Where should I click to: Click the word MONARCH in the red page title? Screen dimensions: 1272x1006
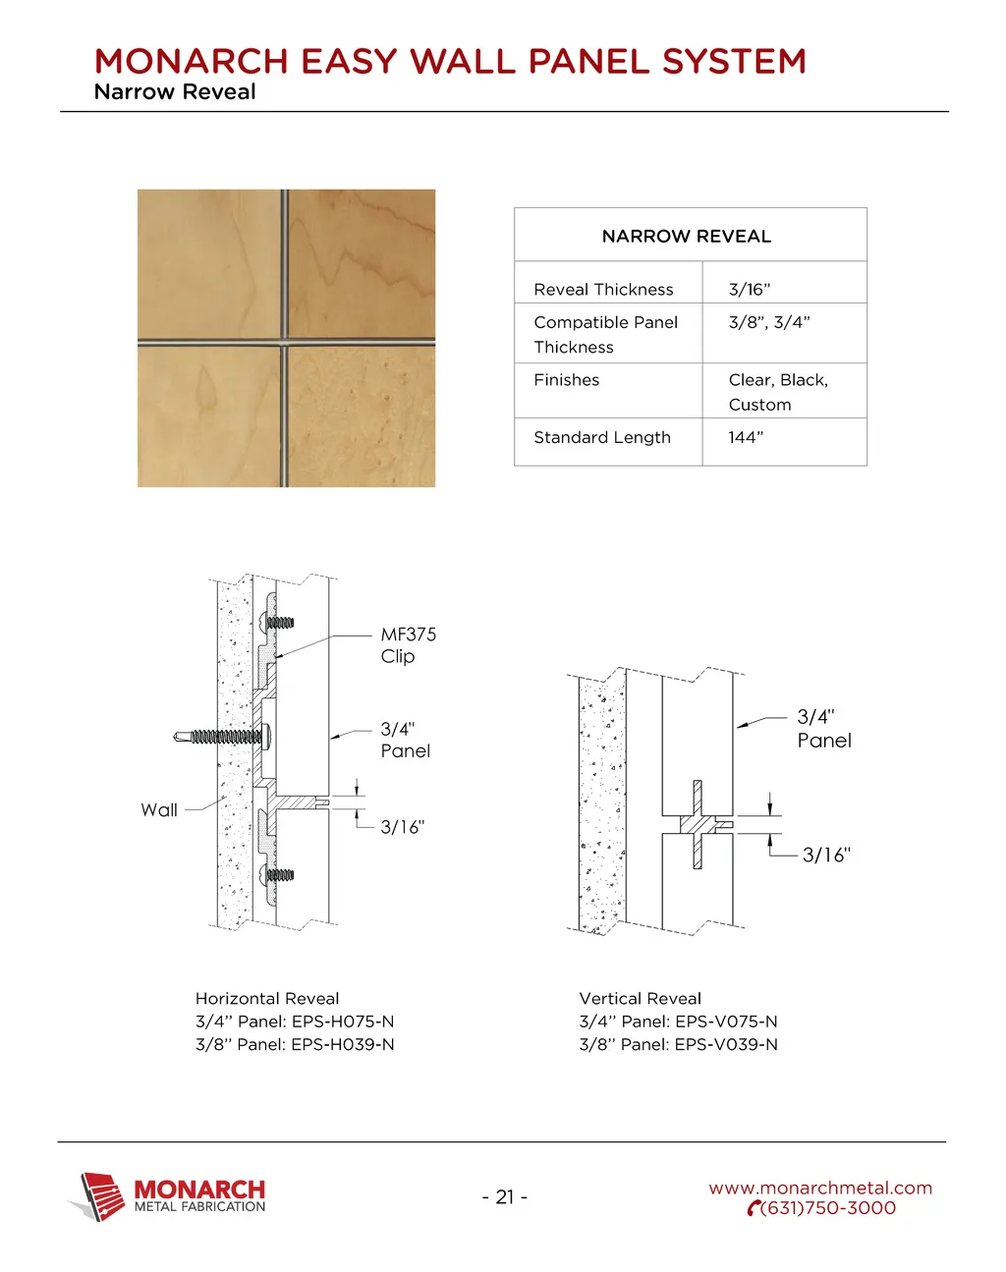click(192, 62)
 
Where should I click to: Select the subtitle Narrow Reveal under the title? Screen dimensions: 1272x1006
click(175, 92)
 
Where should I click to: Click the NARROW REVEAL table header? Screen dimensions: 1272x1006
click(686, 237)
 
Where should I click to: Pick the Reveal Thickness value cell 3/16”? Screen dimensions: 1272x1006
click(749, 290)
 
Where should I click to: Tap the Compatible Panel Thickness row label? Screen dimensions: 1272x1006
click(605, 334)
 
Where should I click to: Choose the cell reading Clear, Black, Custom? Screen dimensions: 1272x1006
click(777, 392)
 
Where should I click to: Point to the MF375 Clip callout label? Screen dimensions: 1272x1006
click(408, 645)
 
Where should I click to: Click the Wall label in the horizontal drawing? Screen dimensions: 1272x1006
click(159, 810)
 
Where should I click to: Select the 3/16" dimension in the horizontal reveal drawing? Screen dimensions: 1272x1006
click(402, 827)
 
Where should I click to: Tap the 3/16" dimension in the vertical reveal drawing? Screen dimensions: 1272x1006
click(825, 856)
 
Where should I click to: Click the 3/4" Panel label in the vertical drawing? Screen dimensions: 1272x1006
click(823, 729)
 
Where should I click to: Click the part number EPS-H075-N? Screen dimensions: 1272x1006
click(343, 1022)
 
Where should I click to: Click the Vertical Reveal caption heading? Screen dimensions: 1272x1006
click(640, 998)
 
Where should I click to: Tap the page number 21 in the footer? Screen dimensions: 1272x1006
click(505, 1196)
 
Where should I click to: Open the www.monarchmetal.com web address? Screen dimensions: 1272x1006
click(820, 1189)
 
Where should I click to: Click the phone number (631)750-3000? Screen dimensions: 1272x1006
click(827, 1209)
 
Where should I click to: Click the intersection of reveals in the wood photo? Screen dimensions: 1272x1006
click(284, 342)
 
